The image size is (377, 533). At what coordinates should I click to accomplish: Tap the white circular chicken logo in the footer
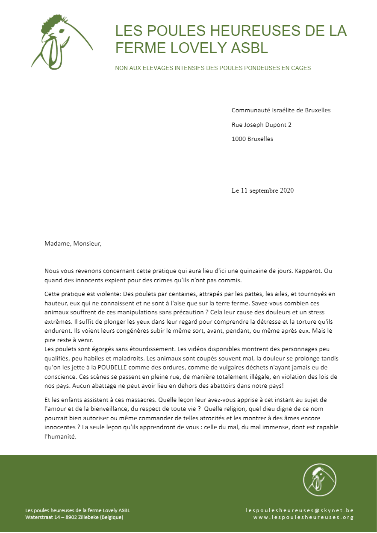coord(320,480)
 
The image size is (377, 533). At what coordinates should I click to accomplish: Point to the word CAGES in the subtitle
coord(301,68)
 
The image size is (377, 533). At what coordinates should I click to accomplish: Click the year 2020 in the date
coord(287,190)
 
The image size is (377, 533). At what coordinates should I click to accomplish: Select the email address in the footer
coord(300,510)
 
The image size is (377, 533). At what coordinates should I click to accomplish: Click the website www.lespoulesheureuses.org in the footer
coord(303,518)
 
